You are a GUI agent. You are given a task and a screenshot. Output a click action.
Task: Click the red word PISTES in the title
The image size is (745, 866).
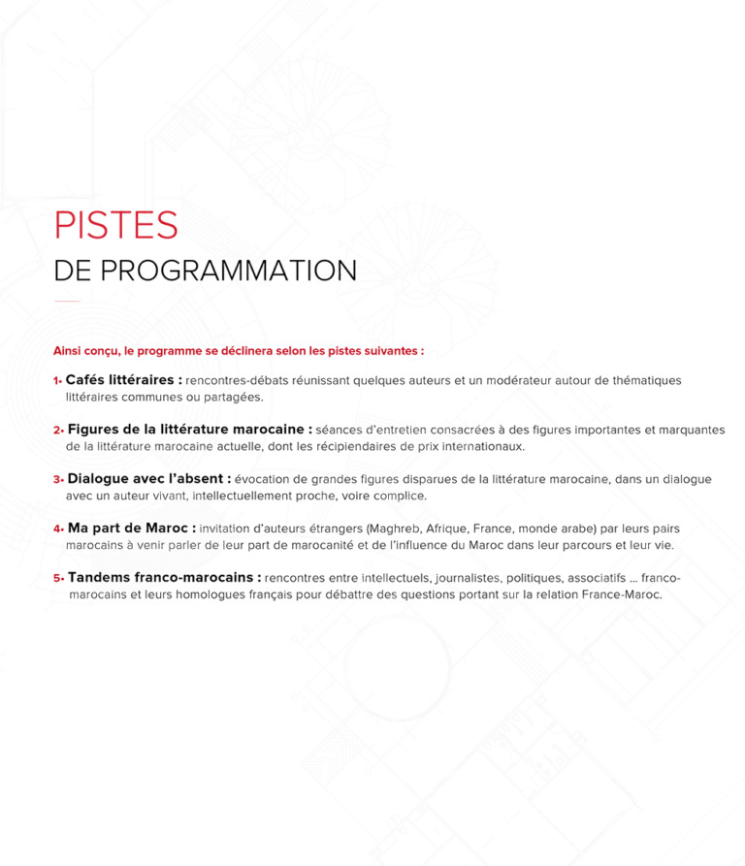coord(116,225)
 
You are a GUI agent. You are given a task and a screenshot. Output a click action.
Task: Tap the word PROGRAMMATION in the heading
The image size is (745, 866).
coord(228,271)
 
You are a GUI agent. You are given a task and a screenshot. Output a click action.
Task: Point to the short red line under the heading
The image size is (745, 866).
coord(67,301)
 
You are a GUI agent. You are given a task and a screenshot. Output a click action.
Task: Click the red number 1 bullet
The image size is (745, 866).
coord(57,380)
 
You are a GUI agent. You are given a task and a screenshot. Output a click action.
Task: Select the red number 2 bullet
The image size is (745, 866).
coord(58,430)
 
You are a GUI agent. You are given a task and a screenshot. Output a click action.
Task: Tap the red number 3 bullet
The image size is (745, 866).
coord(58,479)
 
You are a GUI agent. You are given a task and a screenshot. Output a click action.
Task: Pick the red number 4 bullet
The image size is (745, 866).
coord(58,529)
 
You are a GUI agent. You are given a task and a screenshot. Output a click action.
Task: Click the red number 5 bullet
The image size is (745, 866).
coord(58,578)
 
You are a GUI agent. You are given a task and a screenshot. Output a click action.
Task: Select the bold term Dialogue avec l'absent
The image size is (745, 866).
coord(146,479)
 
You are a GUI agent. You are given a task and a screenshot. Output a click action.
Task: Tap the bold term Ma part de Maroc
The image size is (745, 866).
coord(128,529)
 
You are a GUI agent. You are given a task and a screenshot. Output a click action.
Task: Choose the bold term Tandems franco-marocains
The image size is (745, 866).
coord(160,578)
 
